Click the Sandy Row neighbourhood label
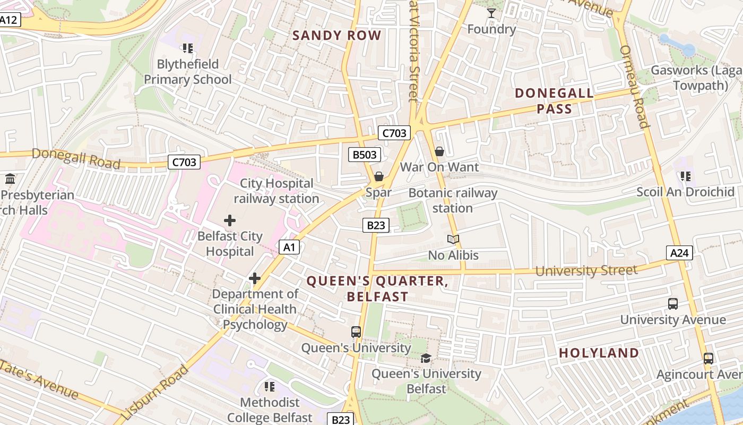[336, 36]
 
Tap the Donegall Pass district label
[554, 101]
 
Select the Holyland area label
[599, 353]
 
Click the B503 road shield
[365, 155]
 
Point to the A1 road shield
[289, 247]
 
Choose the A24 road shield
[679, 253]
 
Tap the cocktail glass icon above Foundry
[491, 13]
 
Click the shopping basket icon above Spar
[378, 176]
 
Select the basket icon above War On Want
[439, 152]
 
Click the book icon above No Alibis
[453, 240]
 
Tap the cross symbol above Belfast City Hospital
[229, 220]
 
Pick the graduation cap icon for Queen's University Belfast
[426, 358]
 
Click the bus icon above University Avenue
[672, 304]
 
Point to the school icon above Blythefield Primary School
[187, 48]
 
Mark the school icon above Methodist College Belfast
[270, 386]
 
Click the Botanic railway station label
[452, 200]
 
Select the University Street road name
[586, 271]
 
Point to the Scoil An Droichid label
[685, 192]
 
